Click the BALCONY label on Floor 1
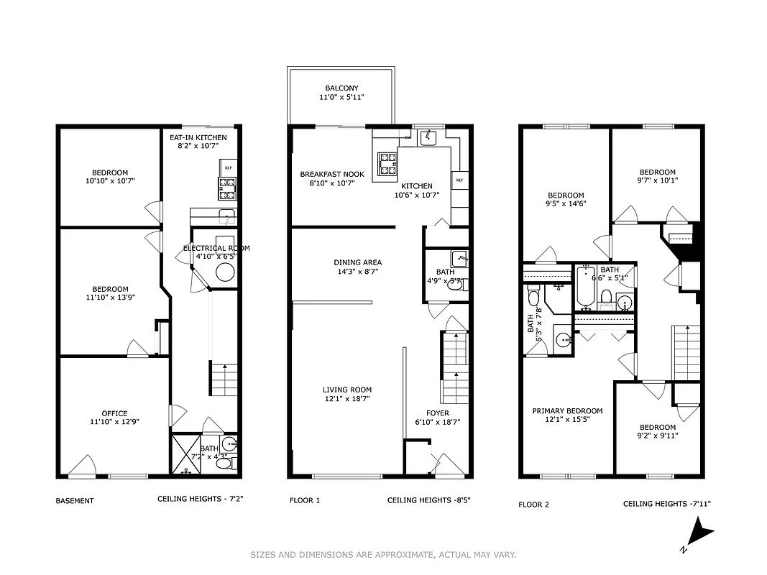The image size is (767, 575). click(x=341, y=88)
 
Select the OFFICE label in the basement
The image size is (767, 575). click(x=114, y=413)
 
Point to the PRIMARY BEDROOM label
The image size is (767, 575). click(x=567, y=411)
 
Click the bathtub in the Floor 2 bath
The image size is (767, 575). click(x=582, y=286)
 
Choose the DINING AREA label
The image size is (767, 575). click(x=357, y=262)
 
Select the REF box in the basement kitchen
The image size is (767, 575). click(x=229, y=167)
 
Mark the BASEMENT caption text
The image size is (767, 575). click(x=75, y=501)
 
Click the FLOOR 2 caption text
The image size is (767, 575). click(x=533, y=505)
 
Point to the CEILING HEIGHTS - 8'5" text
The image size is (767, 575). click(x=428, y=500)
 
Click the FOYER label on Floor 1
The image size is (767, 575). click(x=437, y=413)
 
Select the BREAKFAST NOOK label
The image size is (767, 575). click(x=332, y=175)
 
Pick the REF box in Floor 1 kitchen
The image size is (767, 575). click(x=458, y=180)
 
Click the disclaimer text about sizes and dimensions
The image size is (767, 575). click(x=383, y=554)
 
